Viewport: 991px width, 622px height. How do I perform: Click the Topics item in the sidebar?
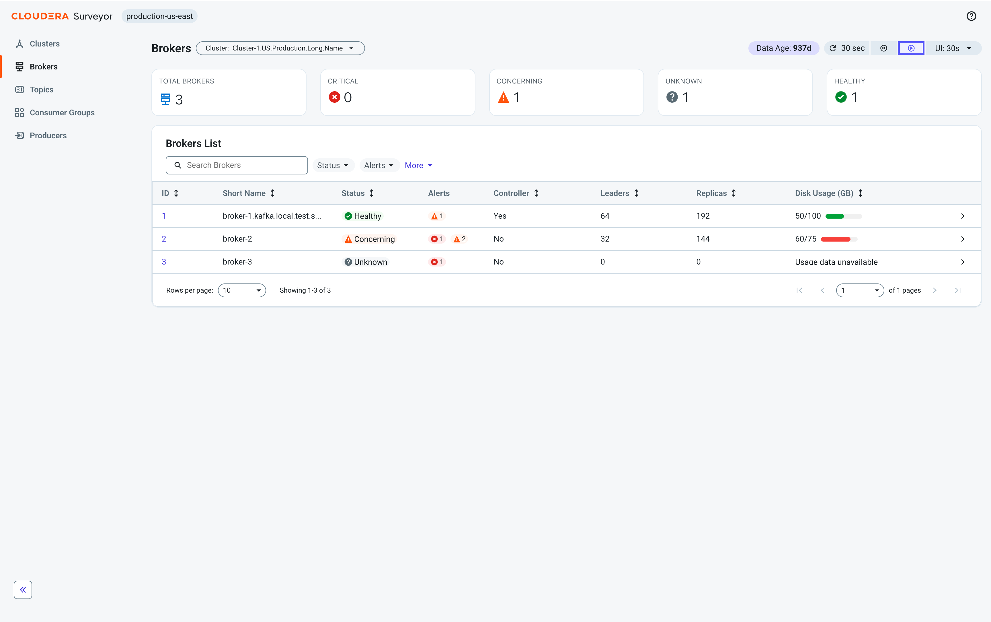tap(41, 90)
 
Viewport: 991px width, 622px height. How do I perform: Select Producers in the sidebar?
tap(48, 136)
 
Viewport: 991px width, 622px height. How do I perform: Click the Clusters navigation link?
tap(44, 44)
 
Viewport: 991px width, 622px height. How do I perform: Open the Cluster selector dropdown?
tap(280, 48)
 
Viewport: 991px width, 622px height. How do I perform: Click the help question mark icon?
tap(971, 16)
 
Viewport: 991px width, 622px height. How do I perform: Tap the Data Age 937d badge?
tap(783, 48)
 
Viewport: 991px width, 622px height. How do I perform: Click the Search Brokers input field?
tap(237, 165)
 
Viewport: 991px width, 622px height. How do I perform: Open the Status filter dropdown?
tap(333, 165)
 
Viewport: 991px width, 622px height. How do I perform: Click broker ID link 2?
tap(164, 239)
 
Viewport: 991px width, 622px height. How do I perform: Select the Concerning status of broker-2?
tap(369, 239)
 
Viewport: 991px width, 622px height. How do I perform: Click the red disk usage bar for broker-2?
tap(835, 239)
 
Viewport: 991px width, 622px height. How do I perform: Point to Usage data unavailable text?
tap(836, 262)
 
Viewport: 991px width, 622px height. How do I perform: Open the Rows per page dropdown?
tap(242, 290)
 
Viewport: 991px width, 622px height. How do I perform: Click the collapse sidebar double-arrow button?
tap(23, 590)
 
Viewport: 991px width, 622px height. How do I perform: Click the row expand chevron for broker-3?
tap(963, 262)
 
